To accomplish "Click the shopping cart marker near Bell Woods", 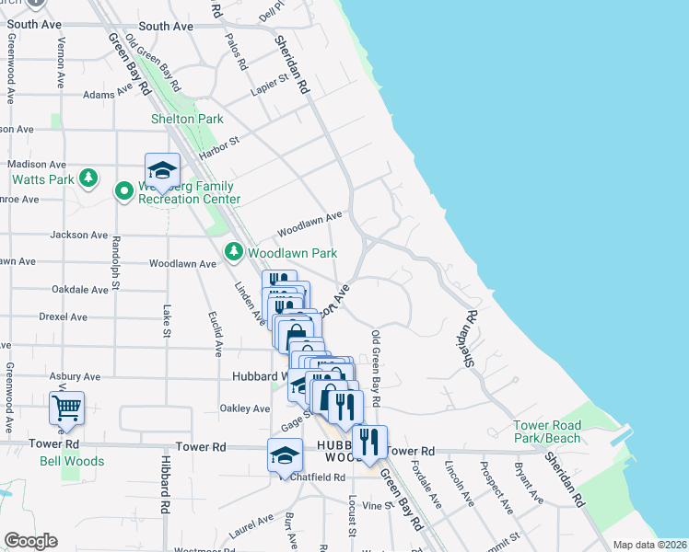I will pos(67,406).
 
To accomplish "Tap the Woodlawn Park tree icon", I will pos(234,251).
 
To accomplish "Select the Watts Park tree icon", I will pos(88,178).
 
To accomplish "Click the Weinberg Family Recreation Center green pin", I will pos(123,190).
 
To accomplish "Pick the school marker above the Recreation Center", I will pos(162,169).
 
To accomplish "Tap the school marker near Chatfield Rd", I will pos(285,454).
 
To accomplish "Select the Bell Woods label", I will pos(72,461).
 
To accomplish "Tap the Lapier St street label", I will pos(269,86).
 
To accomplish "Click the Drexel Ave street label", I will pos(63,316).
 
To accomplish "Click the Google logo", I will pos(30,541).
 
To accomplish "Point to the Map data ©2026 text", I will pos(648,545).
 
